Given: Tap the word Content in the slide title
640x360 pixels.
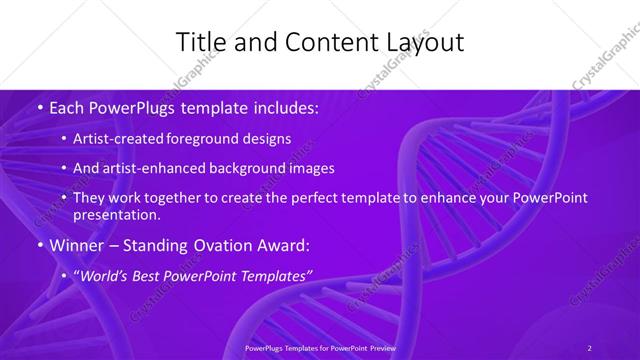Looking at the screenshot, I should pos(322,42).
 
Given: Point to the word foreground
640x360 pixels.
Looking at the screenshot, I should pos(211,138).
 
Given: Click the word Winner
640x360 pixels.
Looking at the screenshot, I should pos(75,244).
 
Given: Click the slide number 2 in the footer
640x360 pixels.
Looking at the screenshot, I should pos(589,347).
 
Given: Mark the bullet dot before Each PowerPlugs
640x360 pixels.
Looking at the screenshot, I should pos(39,107).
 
